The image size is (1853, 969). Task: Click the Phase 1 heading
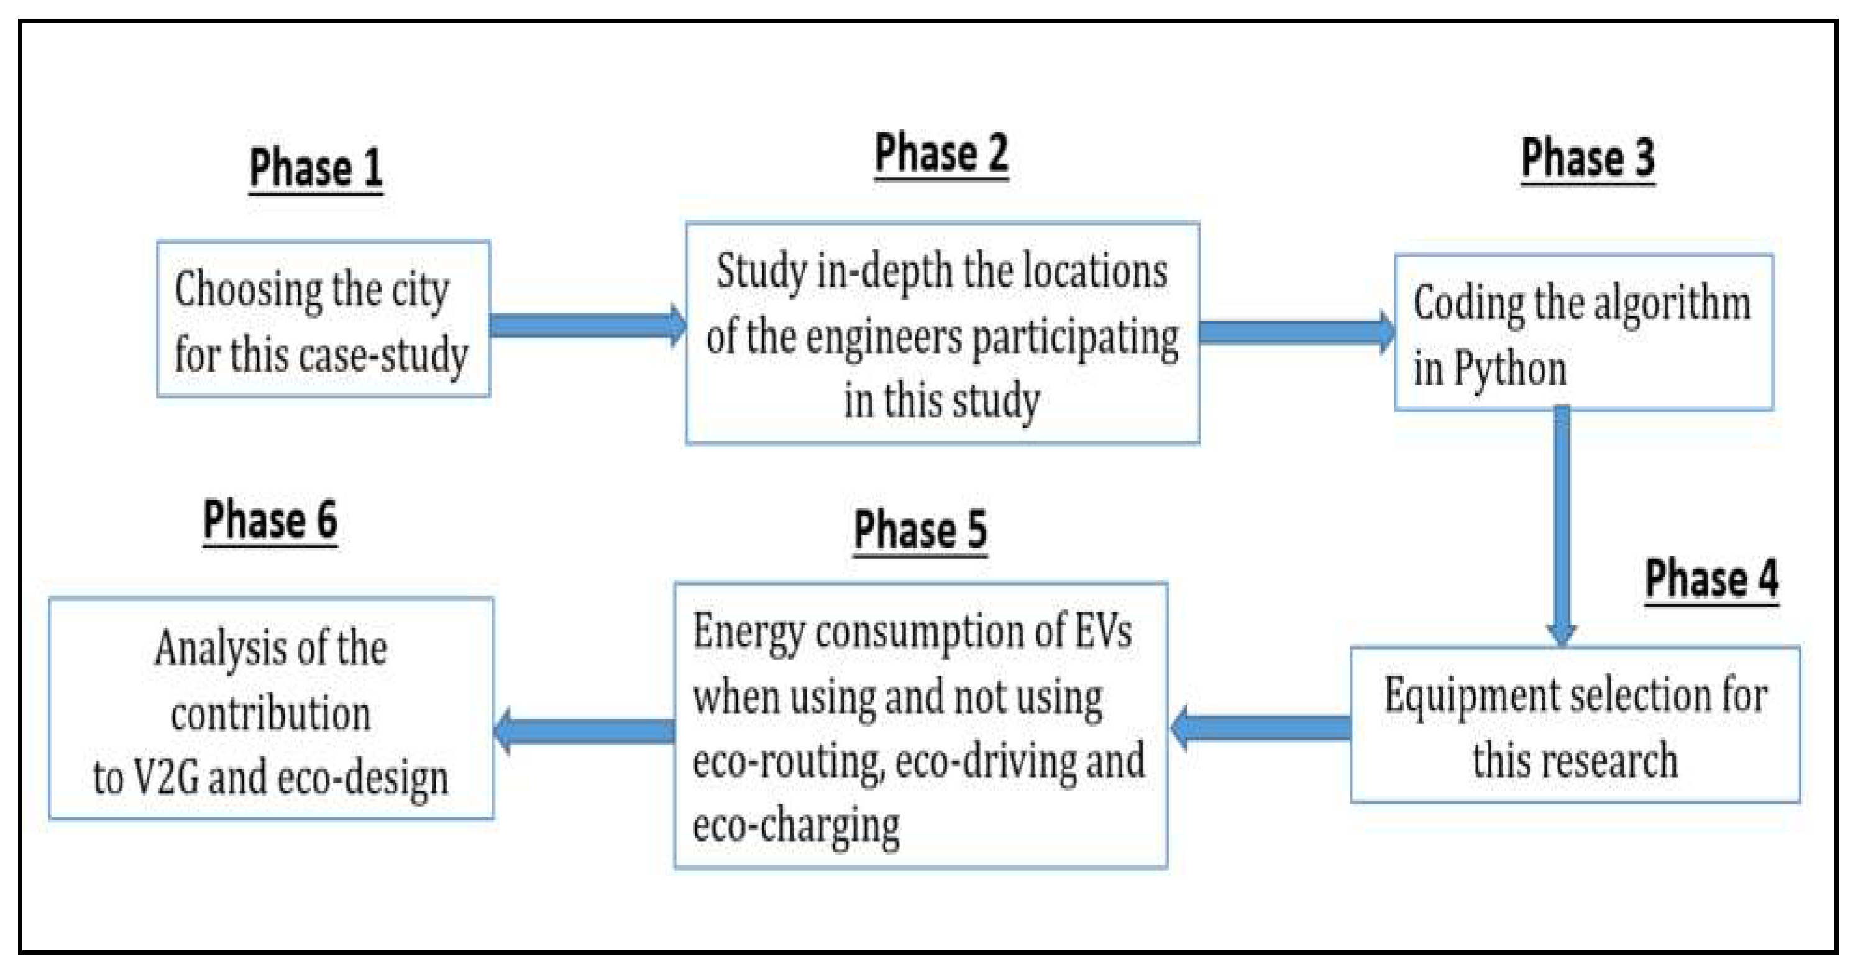[x=315, y=169]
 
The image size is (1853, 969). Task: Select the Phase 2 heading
[x=941, y=154]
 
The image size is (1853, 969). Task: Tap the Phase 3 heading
[x=1588, y=159]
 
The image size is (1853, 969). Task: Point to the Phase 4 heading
[x=1711, y=579]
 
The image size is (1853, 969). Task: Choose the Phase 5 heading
[x=920, y=530]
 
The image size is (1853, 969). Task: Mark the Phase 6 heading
[x=270, y=520]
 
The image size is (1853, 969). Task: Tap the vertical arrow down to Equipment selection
[x=1561, y=525]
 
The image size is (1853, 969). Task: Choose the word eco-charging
[x=795, y=826]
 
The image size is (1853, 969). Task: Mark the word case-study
[x=383, y=356]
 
